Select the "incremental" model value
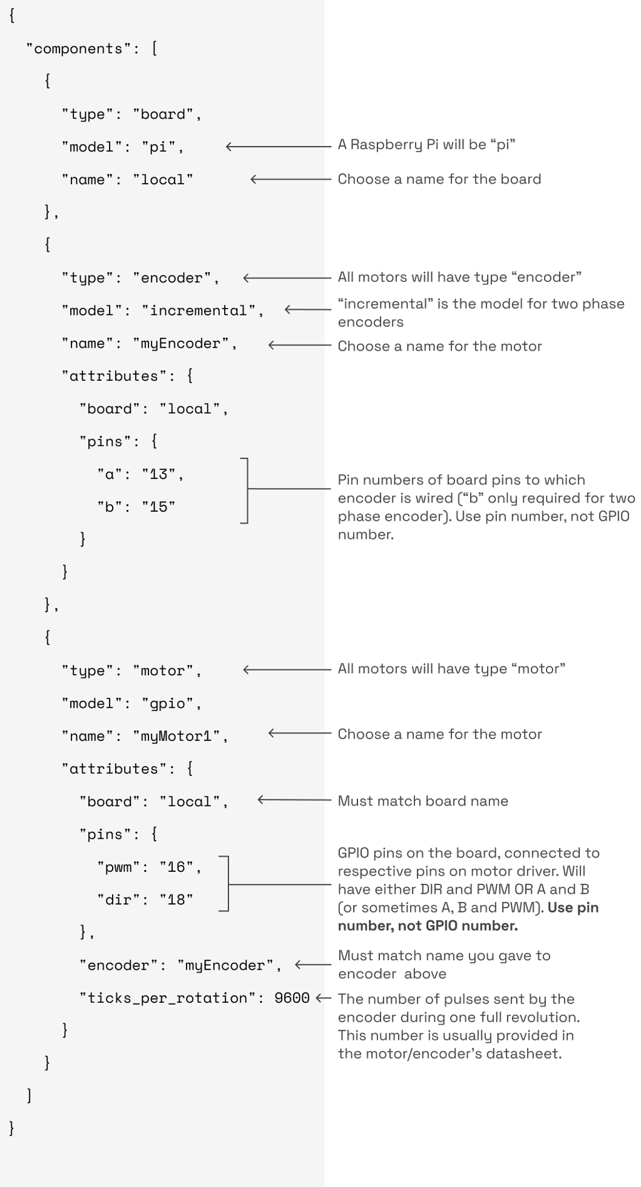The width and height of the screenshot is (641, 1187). (198, 311)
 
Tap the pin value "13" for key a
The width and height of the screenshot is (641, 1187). (158, 474)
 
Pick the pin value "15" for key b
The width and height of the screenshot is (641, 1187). (158, 507)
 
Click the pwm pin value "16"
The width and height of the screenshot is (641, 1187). (176, 867)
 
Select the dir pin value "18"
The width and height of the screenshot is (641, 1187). (176, 899)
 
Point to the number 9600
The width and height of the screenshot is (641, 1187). (292, 998)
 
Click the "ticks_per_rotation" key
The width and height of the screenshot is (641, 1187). (168, 998)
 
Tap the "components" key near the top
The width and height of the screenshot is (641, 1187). (79, 49)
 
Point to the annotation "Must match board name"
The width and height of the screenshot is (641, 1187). (423, 801)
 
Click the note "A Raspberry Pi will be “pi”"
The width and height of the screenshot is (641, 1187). (426, 145)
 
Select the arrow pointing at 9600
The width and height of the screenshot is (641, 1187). (324, 998)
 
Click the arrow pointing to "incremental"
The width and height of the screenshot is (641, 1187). (307, 309)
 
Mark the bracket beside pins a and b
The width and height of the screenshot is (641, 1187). (246, 490)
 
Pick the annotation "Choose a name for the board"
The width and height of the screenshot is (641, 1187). (439, 179)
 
